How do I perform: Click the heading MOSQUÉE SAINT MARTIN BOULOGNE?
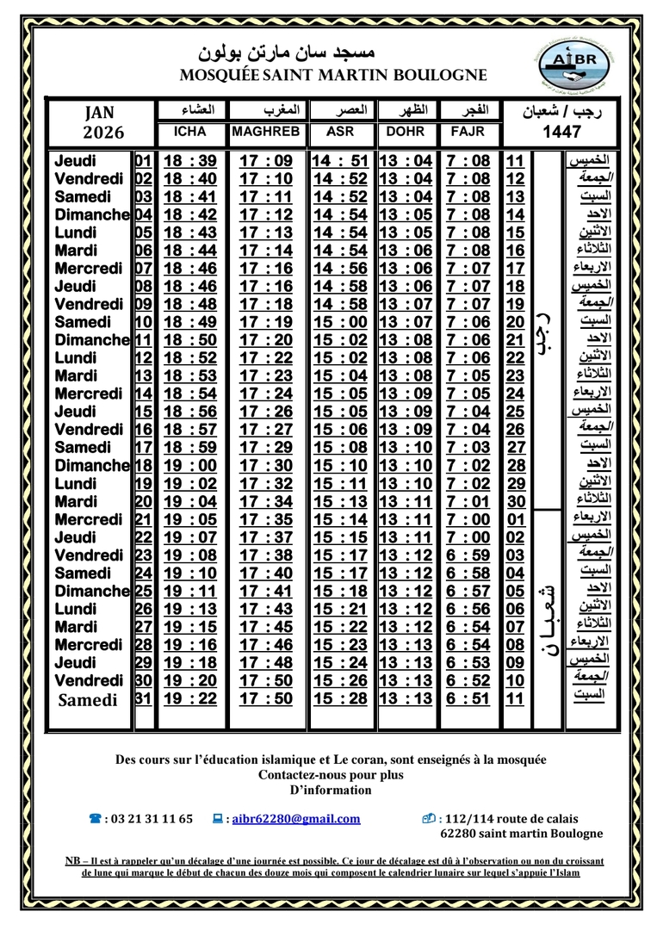pos(333,75)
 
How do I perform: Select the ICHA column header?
pos(189,133)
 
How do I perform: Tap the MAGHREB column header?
pos(266,133)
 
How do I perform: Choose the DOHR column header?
pos(406,133)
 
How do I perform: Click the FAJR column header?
pos(468,133)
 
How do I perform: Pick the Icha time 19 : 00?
pos(189,466)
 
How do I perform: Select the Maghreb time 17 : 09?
pos(266,161)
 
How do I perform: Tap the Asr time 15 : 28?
pos(340,699)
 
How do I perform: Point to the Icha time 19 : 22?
pos(189,699)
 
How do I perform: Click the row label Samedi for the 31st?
pos(88,700)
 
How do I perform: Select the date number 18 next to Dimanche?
pos(143,466)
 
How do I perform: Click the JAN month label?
pos(100,113)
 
